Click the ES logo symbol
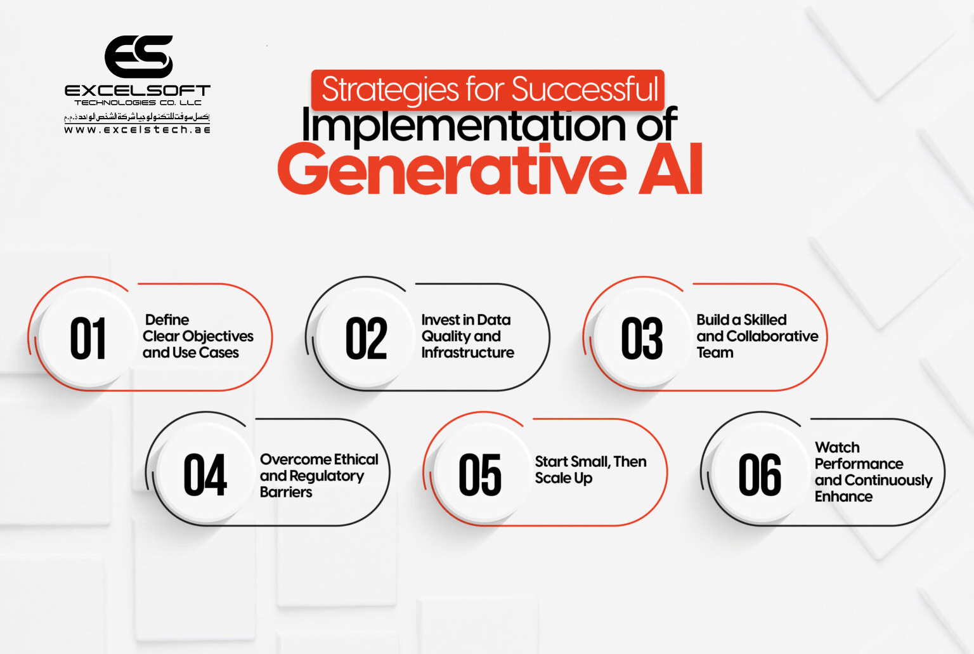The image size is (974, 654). tap(138, 56)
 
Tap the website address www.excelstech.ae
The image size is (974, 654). tap(137, 129)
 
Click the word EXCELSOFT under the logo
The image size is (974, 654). tap(137, 91)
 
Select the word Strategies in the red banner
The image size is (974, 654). tap(390, 89)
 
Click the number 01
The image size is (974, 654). tap(88, 339)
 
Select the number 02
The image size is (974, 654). tap(366, 339)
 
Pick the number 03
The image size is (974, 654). tap(642, 339)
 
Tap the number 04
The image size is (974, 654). tap(205, 475)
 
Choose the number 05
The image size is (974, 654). tap(480, 475)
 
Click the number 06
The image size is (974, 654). tap(759, 475)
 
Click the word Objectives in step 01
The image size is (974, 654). tap(218, 336)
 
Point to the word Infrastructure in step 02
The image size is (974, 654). tap(468, 353)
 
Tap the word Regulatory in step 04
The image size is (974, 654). tap(327, 476)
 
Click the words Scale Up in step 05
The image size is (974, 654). tap(564, 478)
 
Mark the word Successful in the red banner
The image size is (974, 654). tap(585, 89)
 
